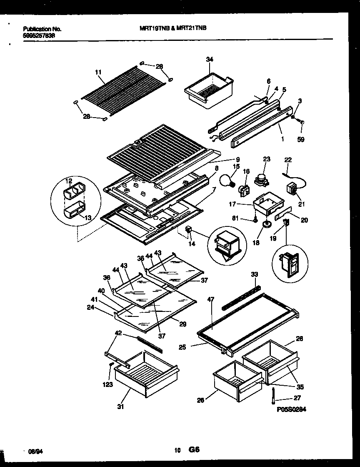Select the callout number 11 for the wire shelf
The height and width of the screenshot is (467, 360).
(98, 72)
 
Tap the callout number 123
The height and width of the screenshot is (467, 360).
(108, 384)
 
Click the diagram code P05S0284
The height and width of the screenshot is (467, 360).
(291, 410)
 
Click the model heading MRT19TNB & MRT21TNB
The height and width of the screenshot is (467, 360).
(172, 29)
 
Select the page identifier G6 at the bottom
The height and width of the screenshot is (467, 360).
(194, 450)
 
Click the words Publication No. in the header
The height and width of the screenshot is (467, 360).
(42, 29)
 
